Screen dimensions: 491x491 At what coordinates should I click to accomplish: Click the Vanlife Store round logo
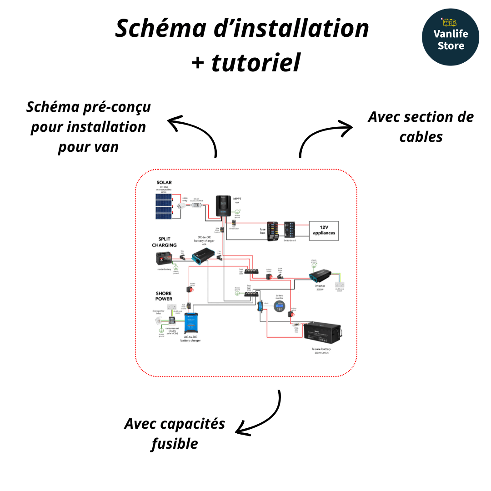pos(450,37)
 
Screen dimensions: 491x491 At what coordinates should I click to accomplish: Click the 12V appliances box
pos(324,230)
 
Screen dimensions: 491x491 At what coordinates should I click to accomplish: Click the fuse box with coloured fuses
pos(274,231)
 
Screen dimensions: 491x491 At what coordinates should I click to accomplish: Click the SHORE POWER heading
pos(164,296)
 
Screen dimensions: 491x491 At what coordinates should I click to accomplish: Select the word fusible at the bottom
pos(175,443)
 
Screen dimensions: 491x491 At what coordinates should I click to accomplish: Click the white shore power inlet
pos(158,321)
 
